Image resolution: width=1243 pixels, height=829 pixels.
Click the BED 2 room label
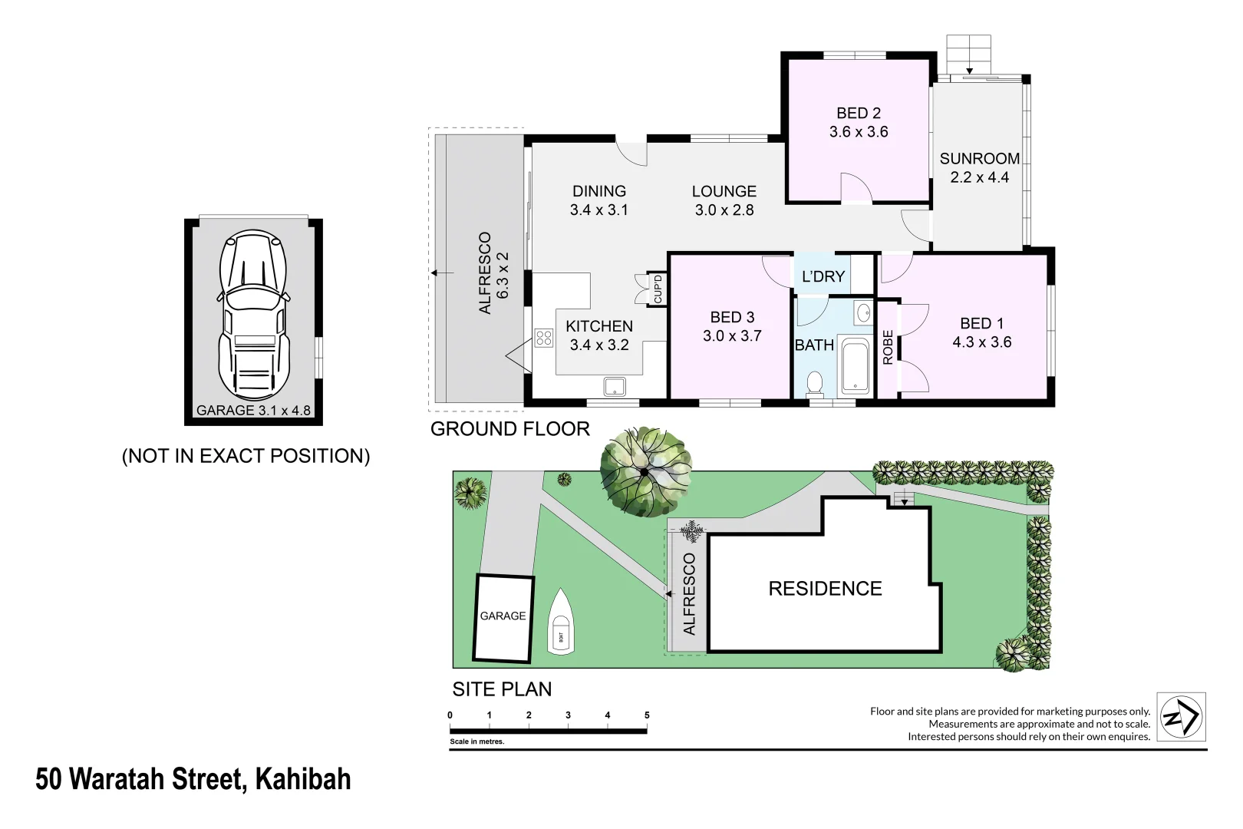pyautogui.click(x=859, y=114)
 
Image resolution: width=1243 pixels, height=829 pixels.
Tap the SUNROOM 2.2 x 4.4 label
pyautogui.click(x=980, y=167)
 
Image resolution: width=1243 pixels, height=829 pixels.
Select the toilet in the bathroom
pyautogui.click(x=815, y=382)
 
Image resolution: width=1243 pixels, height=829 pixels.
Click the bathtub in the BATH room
pyautogui.click(x=855, y=366)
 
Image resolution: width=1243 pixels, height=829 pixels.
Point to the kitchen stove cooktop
pyautogui.click(x=544, y=338)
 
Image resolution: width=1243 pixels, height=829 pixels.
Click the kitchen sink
pyautogui.click(x=615, y=385)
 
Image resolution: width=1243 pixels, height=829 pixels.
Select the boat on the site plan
pyautogui.click(x=561, y=623)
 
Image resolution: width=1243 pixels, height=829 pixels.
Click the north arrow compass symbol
pyautogui.click(x=1181, y=717)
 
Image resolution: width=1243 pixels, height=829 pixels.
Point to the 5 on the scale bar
pyautogui.click(x=647, y=715)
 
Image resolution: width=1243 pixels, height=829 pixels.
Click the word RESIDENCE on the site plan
pyautogui.click(x=825, y=589)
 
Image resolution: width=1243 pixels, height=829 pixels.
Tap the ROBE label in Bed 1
pyautogui.click(x=888, y=347)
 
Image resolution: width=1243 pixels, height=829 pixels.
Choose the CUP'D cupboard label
pyautogui.click(x=658, y=289)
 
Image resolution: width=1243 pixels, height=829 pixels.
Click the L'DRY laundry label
pyautogui.click(x=823, y=276)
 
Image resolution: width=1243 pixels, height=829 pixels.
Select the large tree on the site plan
pyautogui.click(x=645, y=471)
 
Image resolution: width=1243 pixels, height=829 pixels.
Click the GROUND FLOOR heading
pyautogui.click(x=510, y=429)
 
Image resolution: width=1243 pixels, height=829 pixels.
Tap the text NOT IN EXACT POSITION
pyautogui.click(x=246, y=456)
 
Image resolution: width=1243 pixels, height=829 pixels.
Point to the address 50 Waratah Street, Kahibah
pyautogui.click(x=193, y=779)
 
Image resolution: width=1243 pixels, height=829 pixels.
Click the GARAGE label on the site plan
pyautogui.click(x=503, y=616)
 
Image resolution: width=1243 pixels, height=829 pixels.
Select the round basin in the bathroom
pyautogui.click(x=863, y=312)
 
